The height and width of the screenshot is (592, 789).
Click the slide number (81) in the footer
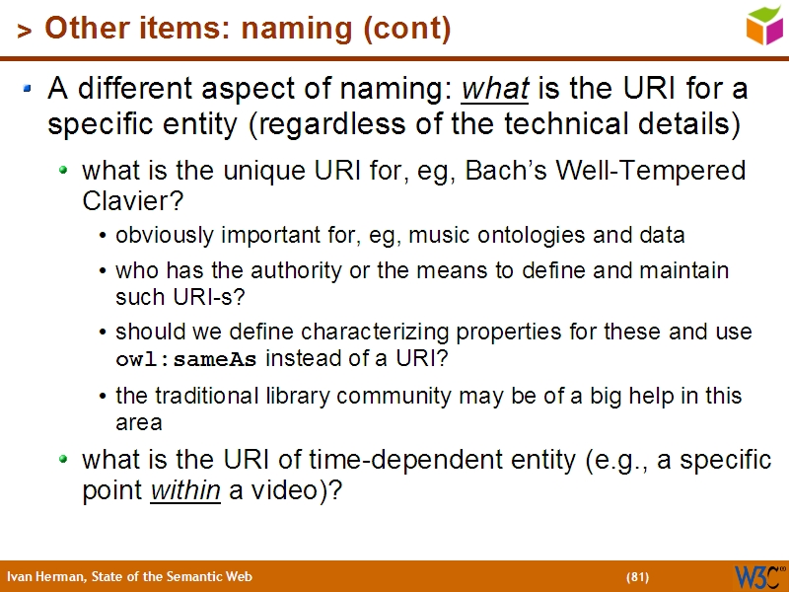(x=637, y=576)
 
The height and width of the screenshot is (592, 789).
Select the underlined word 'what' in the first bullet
(x=496, y=90)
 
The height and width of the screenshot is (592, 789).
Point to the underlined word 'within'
(x=184, y=490)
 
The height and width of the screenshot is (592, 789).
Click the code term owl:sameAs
(x=186, y=359)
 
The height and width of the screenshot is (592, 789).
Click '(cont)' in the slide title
(x=407, y=30)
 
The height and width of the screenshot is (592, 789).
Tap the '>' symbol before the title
(x=25, y=32)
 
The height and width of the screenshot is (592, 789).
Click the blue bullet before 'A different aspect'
(x=29, y=90)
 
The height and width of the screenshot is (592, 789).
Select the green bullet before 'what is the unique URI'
(x=64, y=171)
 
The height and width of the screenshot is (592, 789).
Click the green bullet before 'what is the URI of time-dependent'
(x=64, y=460)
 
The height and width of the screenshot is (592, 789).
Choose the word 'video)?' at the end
(x=297, y=490)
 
